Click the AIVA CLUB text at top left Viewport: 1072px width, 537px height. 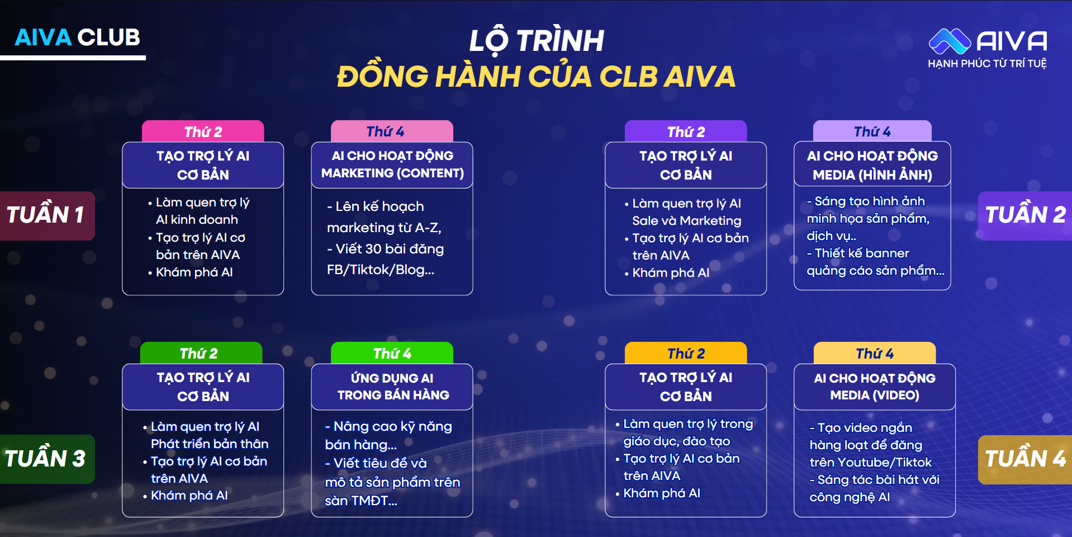point(77,37)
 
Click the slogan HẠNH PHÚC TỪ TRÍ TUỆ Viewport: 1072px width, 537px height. point(987,64)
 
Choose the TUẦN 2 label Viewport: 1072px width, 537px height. point(1025,215)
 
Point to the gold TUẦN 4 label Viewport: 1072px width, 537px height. point(1025,459)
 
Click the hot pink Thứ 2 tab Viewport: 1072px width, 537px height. point(203,131)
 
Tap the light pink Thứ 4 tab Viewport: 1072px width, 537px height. point(392,131)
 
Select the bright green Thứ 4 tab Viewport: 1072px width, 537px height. point(392,353)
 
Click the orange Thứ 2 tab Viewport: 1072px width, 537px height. point(686,353)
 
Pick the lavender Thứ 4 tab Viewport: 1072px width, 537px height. point(872,131)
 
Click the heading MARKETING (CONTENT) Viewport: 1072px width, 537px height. point(392,173)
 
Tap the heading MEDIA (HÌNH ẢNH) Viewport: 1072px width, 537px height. point(872,175)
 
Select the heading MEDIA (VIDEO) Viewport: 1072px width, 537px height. point(875,395)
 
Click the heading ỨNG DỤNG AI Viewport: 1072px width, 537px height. point(392,378)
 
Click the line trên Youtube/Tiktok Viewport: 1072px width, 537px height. point(871,462)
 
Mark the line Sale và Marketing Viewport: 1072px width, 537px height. point(687,221)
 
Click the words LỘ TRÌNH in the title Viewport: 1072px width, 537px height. point(537,40)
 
